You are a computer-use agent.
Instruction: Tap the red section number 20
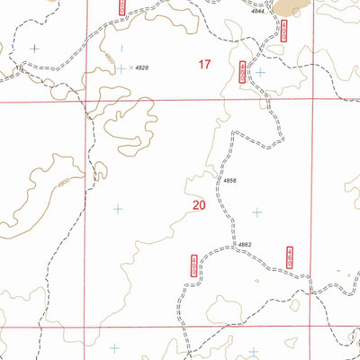(199, 205)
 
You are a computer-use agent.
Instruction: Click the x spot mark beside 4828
(130, 67)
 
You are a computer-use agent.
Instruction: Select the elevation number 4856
(229, 181)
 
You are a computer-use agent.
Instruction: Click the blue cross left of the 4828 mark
(120, 67)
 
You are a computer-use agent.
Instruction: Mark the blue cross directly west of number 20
(117, 209)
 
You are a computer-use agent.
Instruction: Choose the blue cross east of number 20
(256, 212)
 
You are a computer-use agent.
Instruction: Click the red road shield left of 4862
(193, 265)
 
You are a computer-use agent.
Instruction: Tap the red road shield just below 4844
(258, 31)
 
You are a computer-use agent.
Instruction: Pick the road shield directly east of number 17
(242, 74)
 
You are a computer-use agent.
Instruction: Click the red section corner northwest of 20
(87, 102)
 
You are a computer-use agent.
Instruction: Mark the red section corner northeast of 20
(311, 102)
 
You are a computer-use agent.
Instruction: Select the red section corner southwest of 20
(87, 326)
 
